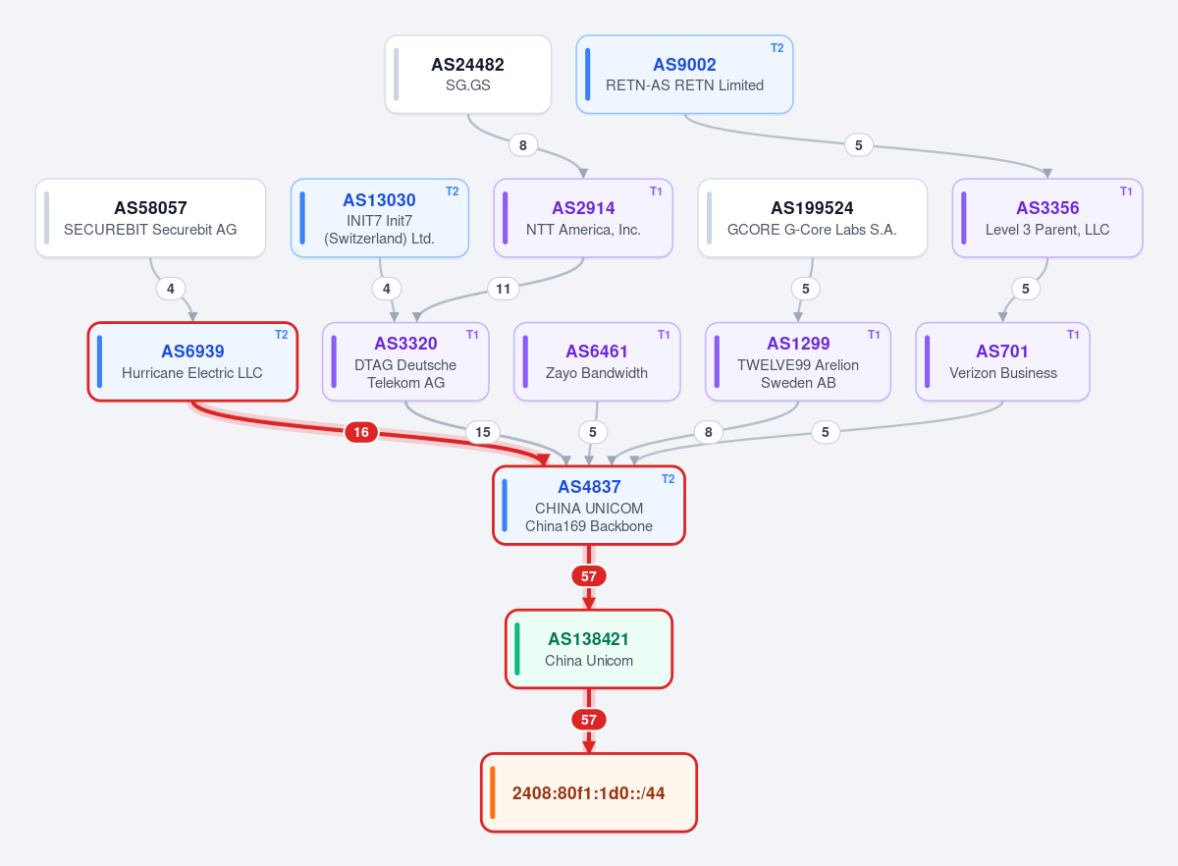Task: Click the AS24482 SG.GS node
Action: [x=467, y=75]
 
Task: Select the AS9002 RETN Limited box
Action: [x=684, y=75]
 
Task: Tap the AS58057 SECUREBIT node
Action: [x=150, y=218]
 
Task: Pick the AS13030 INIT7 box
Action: [x=379, y=218]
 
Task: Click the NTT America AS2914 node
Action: [x=583, y=218]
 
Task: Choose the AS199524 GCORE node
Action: [x=812, y=218]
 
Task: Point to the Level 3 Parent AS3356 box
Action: [x=1047, y=218]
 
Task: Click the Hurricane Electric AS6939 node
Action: [x=192, y=361]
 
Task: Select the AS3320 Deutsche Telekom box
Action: [x=405, y=361]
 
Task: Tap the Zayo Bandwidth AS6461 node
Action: [x=597, y=361]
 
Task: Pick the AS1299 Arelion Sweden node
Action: [x=798, y=361]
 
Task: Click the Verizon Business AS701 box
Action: [x=1002, y=361]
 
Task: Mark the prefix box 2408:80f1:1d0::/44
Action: [x=588, y=792]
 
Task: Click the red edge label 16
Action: [x=361, y=432]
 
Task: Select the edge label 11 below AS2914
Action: [x=504, y=289]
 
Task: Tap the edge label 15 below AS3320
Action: [x=483, y=432]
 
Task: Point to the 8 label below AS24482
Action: [x=522, y=144]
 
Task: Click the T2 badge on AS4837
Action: [x=668, y=478]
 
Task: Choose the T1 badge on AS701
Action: [x=1073, y=335]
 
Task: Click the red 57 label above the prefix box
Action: [x=588, y=719]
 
